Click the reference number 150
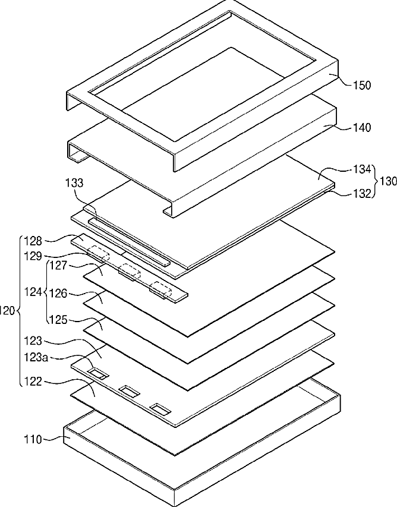tap(361, 86)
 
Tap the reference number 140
tap(361, 128)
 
